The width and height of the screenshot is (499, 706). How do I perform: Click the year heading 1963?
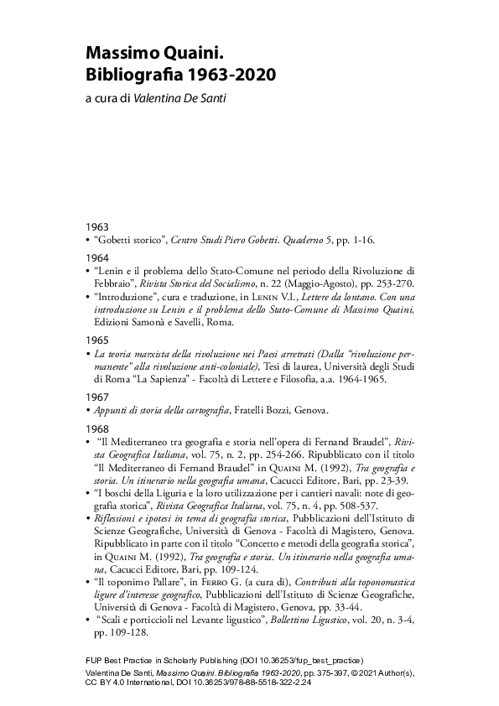point(96,227)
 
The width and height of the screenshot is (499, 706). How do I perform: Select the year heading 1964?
point(96,257)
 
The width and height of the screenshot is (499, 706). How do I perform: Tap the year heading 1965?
point(96,340)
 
